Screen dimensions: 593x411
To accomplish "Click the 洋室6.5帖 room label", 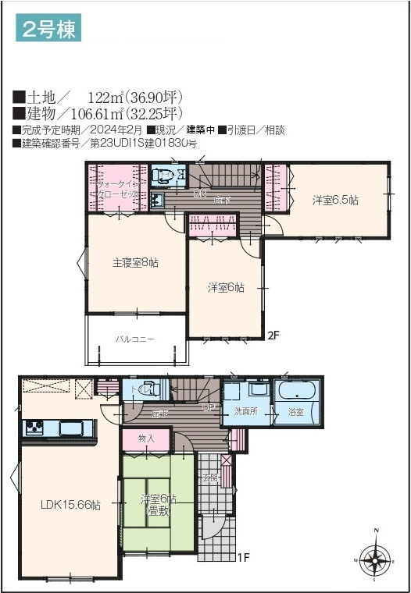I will (x=335, y=201).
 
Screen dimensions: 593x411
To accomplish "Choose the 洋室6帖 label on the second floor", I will (x=226, y=287).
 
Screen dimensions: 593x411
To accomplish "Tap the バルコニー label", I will (x=135, y=339).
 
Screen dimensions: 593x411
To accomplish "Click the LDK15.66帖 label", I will (x=70, y=505).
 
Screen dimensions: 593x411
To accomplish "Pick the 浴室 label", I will (x=296, y=411).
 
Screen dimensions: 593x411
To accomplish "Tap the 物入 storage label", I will (x=145, y=439).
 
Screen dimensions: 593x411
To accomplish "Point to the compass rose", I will (x=377, y=559).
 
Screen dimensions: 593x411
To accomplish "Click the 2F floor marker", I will (x=273, y=336).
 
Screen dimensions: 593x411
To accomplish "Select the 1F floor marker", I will (x=243, y=557).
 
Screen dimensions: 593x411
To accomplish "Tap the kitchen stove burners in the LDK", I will (x=35, y=428).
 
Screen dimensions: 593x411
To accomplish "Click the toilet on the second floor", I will (x=164, y=176).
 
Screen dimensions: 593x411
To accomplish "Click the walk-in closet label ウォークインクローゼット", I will (x=114, y=188).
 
